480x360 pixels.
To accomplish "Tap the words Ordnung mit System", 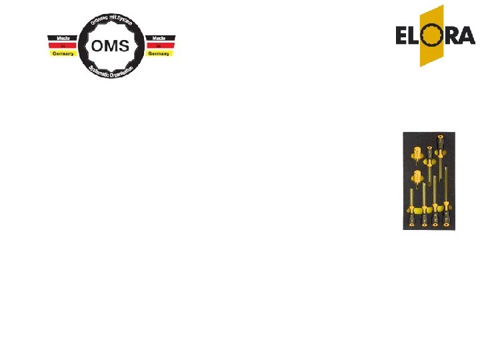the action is (x=111, y=21).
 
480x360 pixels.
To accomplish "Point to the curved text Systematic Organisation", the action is (x=111, y=71).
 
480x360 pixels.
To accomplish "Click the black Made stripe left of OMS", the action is (x=63, y=38).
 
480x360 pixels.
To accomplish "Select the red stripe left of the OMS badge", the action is (x=63, y=45).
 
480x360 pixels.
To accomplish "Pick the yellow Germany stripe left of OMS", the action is (x=63, y=53).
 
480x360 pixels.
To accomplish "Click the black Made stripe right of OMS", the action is (x=159, y=38).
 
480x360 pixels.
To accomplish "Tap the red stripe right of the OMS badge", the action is (x=159, y=45).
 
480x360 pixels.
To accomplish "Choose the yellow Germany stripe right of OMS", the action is (x=159, y=53).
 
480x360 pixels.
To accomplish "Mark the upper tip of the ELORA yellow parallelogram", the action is (x=443, y=5).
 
